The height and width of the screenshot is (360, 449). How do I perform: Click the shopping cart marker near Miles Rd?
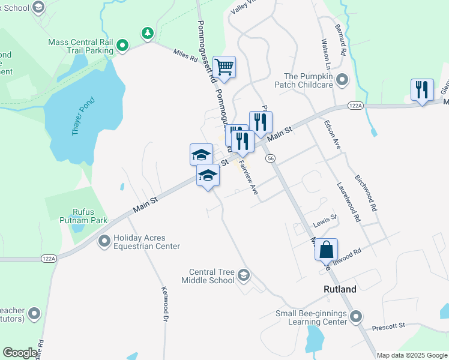click(224, 68)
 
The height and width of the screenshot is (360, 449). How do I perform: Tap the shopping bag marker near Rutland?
click(326, 250)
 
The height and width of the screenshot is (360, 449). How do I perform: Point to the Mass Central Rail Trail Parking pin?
click(122, 46)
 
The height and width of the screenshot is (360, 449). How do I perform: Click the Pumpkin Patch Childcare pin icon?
click(343, 80)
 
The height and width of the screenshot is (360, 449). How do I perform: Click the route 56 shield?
click(271, 158)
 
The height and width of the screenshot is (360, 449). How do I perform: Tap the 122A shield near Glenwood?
click(355, 106)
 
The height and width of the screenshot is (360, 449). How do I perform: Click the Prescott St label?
click(389, 325)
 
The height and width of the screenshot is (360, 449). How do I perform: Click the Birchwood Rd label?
click(365, 193)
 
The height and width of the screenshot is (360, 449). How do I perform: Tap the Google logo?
click(20, 353)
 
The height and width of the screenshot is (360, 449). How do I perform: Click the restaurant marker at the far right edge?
click(422, 90)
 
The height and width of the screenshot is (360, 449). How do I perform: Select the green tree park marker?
click(146, 32)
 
